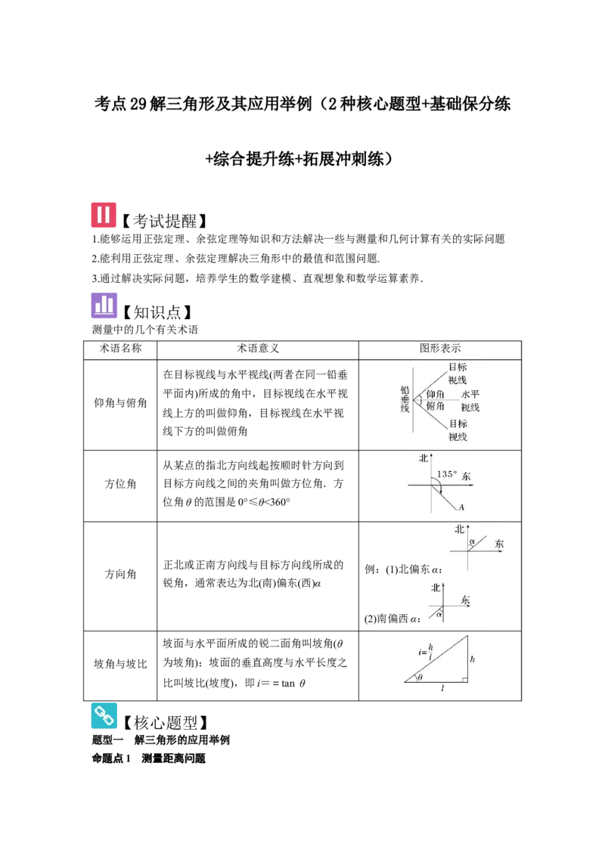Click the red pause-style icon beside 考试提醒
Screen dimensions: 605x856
click(103, 215)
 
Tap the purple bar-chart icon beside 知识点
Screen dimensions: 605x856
click(104, 305)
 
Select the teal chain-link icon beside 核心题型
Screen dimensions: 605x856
click(104, 715)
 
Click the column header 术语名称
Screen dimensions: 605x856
click(120, 349)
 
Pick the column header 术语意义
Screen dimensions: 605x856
click(258, 349)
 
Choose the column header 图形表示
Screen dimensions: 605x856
click(440, 349)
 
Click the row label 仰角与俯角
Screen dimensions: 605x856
click(120, 403)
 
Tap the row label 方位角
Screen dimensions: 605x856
click(120, 484)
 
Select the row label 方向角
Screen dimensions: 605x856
click(120, 574)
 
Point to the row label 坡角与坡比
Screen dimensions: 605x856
click(120, 664)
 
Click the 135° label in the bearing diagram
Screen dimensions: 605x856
click(447, 474)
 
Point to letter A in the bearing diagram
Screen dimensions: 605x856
click(461, 507)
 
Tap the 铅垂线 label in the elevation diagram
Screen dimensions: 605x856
click(405, 399)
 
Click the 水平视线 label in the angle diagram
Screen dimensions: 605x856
click(470, 401)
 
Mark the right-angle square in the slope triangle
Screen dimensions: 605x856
click(464, 680)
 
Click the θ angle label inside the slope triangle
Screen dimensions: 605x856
click(420, 678)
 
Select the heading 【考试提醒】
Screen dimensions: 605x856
click(164, 221)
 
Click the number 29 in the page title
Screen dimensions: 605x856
click(138, 104)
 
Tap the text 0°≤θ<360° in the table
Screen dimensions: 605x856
click(264, 502)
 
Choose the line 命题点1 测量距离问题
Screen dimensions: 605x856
click(148, 758)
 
